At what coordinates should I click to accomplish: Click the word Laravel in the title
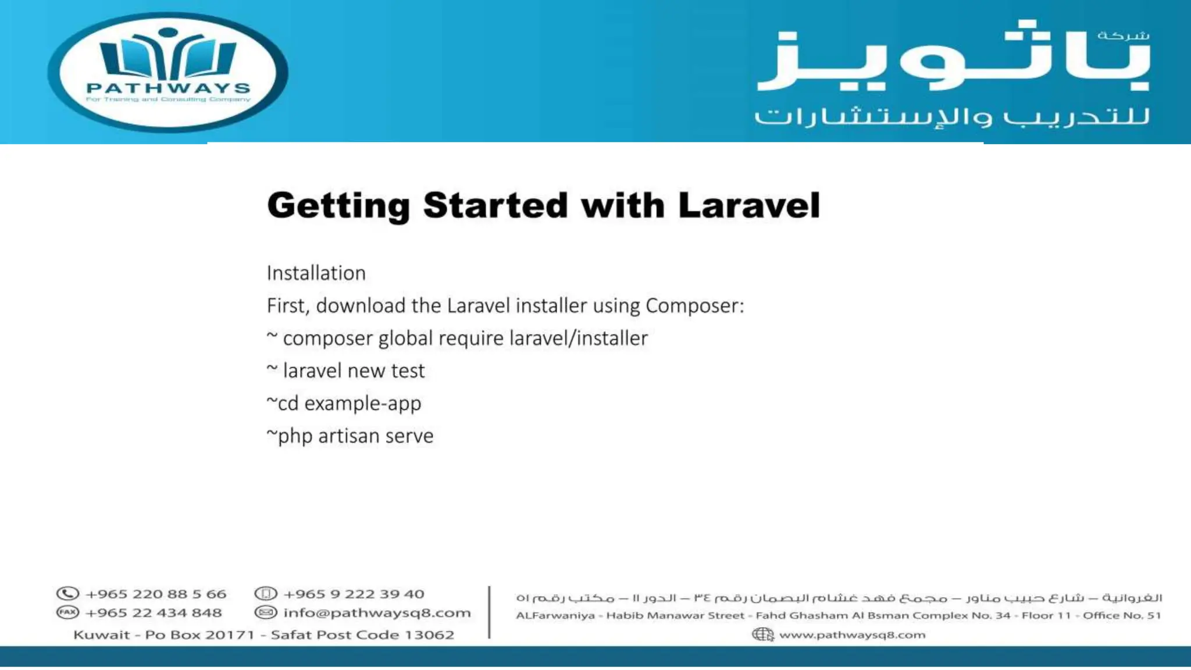point(748,206)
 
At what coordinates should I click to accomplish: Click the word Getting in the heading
point(338,206)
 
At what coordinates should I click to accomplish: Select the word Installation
point(316,273)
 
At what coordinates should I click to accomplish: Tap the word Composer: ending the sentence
point(695,306)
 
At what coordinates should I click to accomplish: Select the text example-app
point(362,404)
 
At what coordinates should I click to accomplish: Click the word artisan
point(347,436)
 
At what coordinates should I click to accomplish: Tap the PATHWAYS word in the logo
point(168,88)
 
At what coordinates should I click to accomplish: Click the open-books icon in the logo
point(168,55)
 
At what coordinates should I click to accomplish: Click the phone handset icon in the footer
point(67,594)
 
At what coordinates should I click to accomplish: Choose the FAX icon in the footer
point(67,612)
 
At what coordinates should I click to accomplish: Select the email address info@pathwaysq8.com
point(377,613)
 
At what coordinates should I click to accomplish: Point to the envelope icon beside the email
point(266,612)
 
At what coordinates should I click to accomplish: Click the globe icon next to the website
point(762,635)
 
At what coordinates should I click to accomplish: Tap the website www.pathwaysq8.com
point(852,635)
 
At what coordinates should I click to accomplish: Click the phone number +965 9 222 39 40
point(354,594)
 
